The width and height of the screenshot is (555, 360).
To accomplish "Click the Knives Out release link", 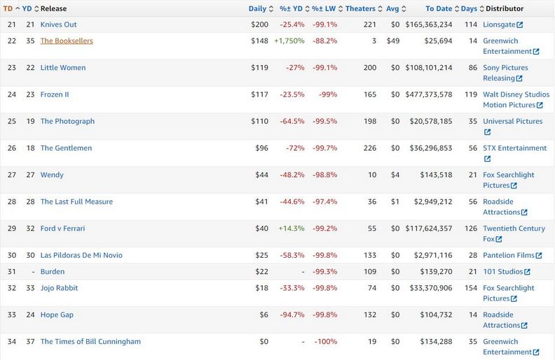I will (x=59, y=25).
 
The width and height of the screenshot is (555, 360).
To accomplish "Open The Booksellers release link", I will (x=67, y=41).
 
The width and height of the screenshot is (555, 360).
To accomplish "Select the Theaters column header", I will (x=360, y=8).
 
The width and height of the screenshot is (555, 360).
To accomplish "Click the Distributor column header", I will (x=504, y=8).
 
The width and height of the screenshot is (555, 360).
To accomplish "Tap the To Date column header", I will (x=439, y=8).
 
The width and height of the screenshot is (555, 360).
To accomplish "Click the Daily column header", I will (x=257, y=8).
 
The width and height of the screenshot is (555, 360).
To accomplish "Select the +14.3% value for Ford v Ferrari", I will (x=291, y=228).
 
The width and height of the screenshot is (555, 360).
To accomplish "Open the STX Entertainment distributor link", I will (x=515, y=148).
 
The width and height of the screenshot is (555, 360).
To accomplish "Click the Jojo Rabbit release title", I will (x=59, y=288).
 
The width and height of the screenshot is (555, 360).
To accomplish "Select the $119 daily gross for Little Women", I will (x=259, y=68).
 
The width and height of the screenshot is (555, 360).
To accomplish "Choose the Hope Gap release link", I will (x=57, y=314).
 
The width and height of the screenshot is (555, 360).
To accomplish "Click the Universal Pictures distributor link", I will (x=512, y=121).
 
